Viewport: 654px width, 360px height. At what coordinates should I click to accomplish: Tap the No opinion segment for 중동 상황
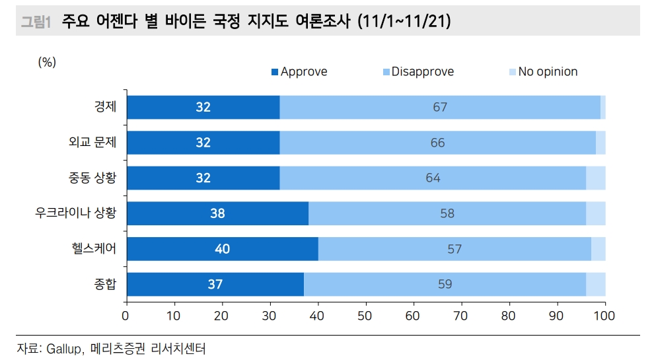[596, 178]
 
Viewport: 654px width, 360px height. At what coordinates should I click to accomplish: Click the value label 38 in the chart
[217, 213]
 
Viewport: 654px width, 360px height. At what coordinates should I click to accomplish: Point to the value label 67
[440, 107]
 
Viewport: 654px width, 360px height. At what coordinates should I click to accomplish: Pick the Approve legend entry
[299, 71]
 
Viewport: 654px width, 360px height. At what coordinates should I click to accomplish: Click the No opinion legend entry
[542, 71]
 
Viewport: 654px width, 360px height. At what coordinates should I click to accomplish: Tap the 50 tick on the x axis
[365, 315]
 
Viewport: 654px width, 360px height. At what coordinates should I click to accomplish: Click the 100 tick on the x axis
[604, 315]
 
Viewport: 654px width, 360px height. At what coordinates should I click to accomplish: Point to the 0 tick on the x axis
[126, 315]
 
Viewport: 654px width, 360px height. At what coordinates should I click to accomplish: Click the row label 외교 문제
[92, 143]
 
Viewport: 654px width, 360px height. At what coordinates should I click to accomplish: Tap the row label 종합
[105, 285]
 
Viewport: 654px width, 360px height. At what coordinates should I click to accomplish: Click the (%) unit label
[47, 62]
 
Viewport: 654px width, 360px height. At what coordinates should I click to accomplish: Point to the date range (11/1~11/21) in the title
[404, 21]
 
